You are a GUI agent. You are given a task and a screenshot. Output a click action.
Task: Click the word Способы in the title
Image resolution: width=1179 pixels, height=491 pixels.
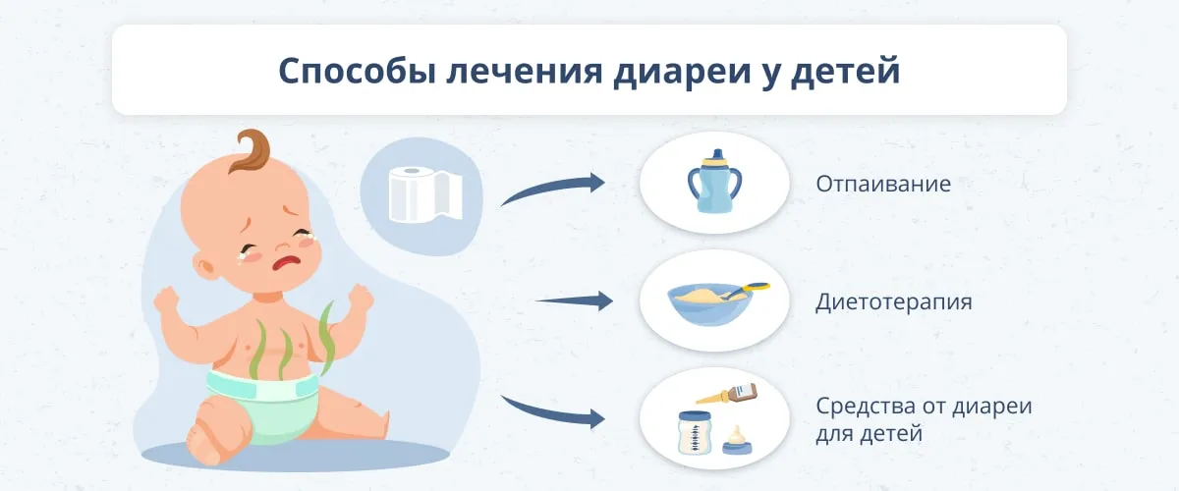pos(358,71)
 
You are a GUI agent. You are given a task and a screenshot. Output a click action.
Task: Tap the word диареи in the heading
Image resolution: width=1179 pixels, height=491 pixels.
pos(682,71)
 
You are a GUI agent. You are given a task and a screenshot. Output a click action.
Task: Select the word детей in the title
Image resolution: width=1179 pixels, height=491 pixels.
pos(846,71)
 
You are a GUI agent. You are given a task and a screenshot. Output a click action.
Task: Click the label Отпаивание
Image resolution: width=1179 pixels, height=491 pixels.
pos(883,184)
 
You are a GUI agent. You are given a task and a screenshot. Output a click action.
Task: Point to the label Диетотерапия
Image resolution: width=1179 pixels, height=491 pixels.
pos(894,302)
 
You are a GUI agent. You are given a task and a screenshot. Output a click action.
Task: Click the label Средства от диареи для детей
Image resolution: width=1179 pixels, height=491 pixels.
pos(924,419)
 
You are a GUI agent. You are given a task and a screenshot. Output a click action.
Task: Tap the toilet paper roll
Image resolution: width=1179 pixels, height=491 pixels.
pos(425,194)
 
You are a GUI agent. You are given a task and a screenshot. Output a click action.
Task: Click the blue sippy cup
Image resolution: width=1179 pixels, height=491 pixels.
pos(714,181)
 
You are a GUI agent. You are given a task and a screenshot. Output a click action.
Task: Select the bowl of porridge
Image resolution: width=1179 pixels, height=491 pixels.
pos(710,304)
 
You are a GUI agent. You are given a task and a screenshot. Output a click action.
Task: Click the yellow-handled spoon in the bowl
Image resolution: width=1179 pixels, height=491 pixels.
pos(748,290)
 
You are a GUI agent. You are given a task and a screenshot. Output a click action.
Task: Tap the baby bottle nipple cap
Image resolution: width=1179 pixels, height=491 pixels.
pos(737,441)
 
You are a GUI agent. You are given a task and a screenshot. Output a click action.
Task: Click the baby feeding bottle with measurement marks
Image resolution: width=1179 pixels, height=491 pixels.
pos(695,433)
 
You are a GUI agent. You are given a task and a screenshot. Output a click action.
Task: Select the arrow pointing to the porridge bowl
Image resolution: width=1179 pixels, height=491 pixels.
pos(574,301)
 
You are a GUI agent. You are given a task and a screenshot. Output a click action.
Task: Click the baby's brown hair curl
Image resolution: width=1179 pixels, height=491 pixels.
pos(251,150)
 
